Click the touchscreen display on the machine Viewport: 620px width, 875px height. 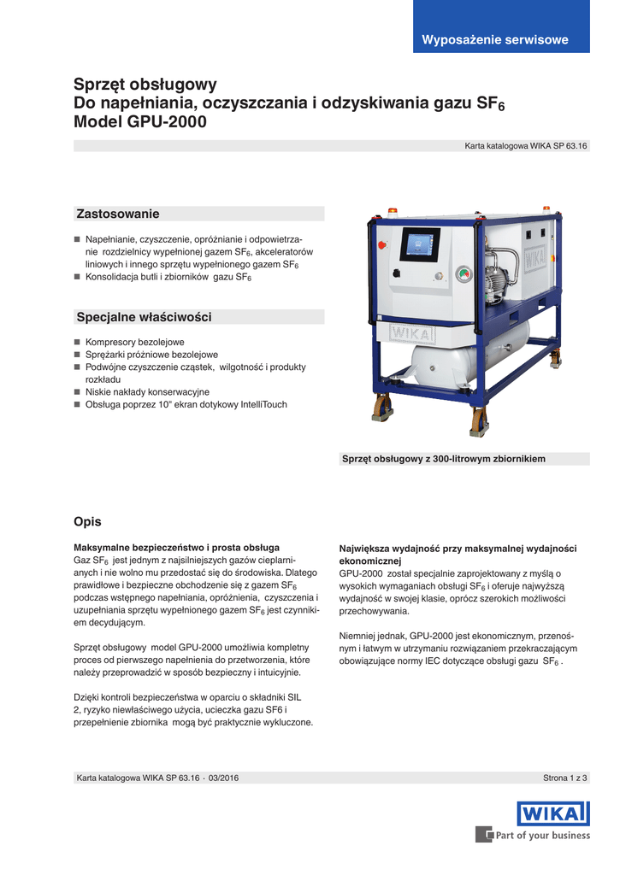(x=419, y=244)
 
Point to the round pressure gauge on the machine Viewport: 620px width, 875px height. (x=464, y=274)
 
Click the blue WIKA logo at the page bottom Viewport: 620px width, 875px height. (x=552, y=813)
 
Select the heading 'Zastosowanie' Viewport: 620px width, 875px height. (x=118, y=214)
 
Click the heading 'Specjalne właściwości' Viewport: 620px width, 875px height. (x=144, y=317)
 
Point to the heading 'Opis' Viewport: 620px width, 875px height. (x=87, y=521)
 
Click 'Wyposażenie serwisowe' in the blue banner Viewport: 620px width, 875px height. (x=495, y=40)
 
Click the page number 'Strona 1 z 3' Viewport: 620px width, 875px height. (x=566, y=778)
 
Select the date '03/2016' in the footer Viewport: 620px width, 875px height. (x=221, y=778)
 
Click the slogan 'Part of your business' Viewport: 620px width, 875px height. (x=543, y=836)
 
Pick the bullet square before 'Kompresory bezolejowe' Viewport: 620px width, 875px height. (x=77, y=342)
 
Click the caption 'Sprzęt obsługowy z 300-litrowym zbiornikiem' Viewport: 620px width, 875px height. (x=443, y=459)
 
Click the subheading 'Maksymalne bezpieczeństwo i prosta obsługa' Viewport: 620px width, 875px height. (x=177, y=547)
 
